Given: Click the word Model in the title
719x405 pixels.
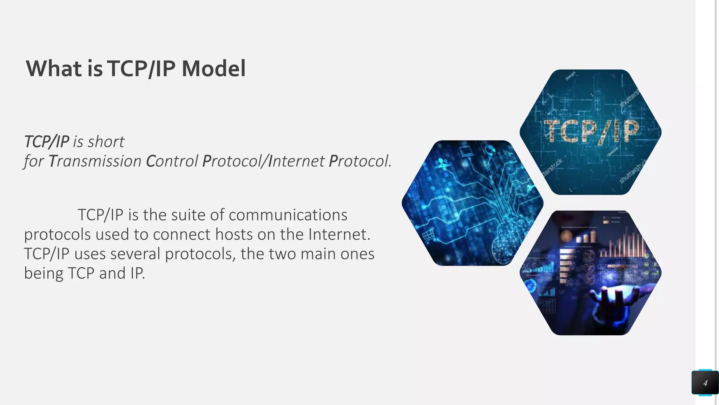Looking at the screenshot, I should [213, 69].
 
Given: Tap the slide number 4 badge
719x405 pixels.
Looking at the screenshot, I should [705, 383].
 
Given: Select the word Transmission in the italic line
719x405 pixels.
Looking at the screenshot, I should [95, 161].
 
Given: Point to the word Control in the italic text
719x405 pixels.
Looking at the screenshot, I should [172, 161].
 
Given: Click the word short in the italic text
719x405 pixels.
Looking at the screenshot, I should [106, 142].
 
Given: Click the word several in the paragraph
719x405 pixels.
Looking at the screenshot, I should [135, 254].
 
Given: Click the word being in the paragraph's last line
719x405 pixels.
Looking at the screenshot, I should [44, 274].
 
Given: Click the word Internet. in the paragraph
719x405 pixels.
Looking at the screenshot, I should [339, 234].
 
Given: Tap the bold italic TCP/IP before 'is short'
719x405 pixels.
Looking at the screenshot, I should [47, 142].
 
